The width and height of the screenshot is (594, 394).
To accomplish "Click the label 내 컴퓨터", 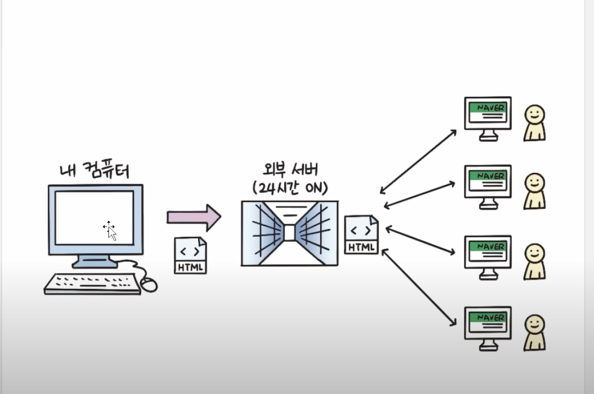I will [95, 171].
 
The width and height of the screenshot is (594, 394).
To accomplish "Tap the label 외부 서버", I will [290, 170].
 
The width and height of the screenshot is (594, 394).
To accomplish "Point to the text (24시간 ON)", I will [290, 188].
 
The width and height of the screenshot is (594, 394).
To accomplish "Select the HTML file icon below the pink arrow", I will [191, 255].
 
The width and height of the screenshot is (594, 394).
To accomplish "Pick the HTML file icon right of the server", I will [361, 235].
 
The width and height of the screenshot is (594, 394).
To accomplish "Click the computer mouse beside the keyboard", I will [149, 285].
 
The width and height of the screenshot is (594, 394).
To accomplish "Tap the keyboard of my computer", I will [92, 284].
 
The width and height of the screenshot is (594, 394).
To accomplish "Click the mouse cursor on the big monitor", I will [111, 231].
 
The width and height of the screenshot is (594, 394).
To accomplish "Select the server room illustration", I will [290, 233].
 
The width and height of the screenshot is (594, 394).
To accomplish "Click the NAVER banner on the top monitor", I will [487, 107].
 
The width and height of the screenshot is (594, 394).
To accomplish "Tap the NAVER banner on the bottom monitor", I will [487, 317].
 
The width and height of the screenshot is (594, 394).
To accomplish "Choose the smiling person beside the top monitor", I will [535, 123].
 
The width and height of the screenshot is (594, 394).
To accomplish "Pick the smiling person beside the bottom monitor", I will [535, 333].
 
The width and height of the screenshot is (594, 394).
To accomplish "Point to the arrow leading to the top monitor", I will [418, 161].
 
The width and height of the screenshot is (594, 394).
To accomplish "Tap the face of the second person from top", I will [535, 183].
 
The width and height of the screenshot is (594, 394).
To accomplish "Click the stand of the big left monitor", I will [95, 261].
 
